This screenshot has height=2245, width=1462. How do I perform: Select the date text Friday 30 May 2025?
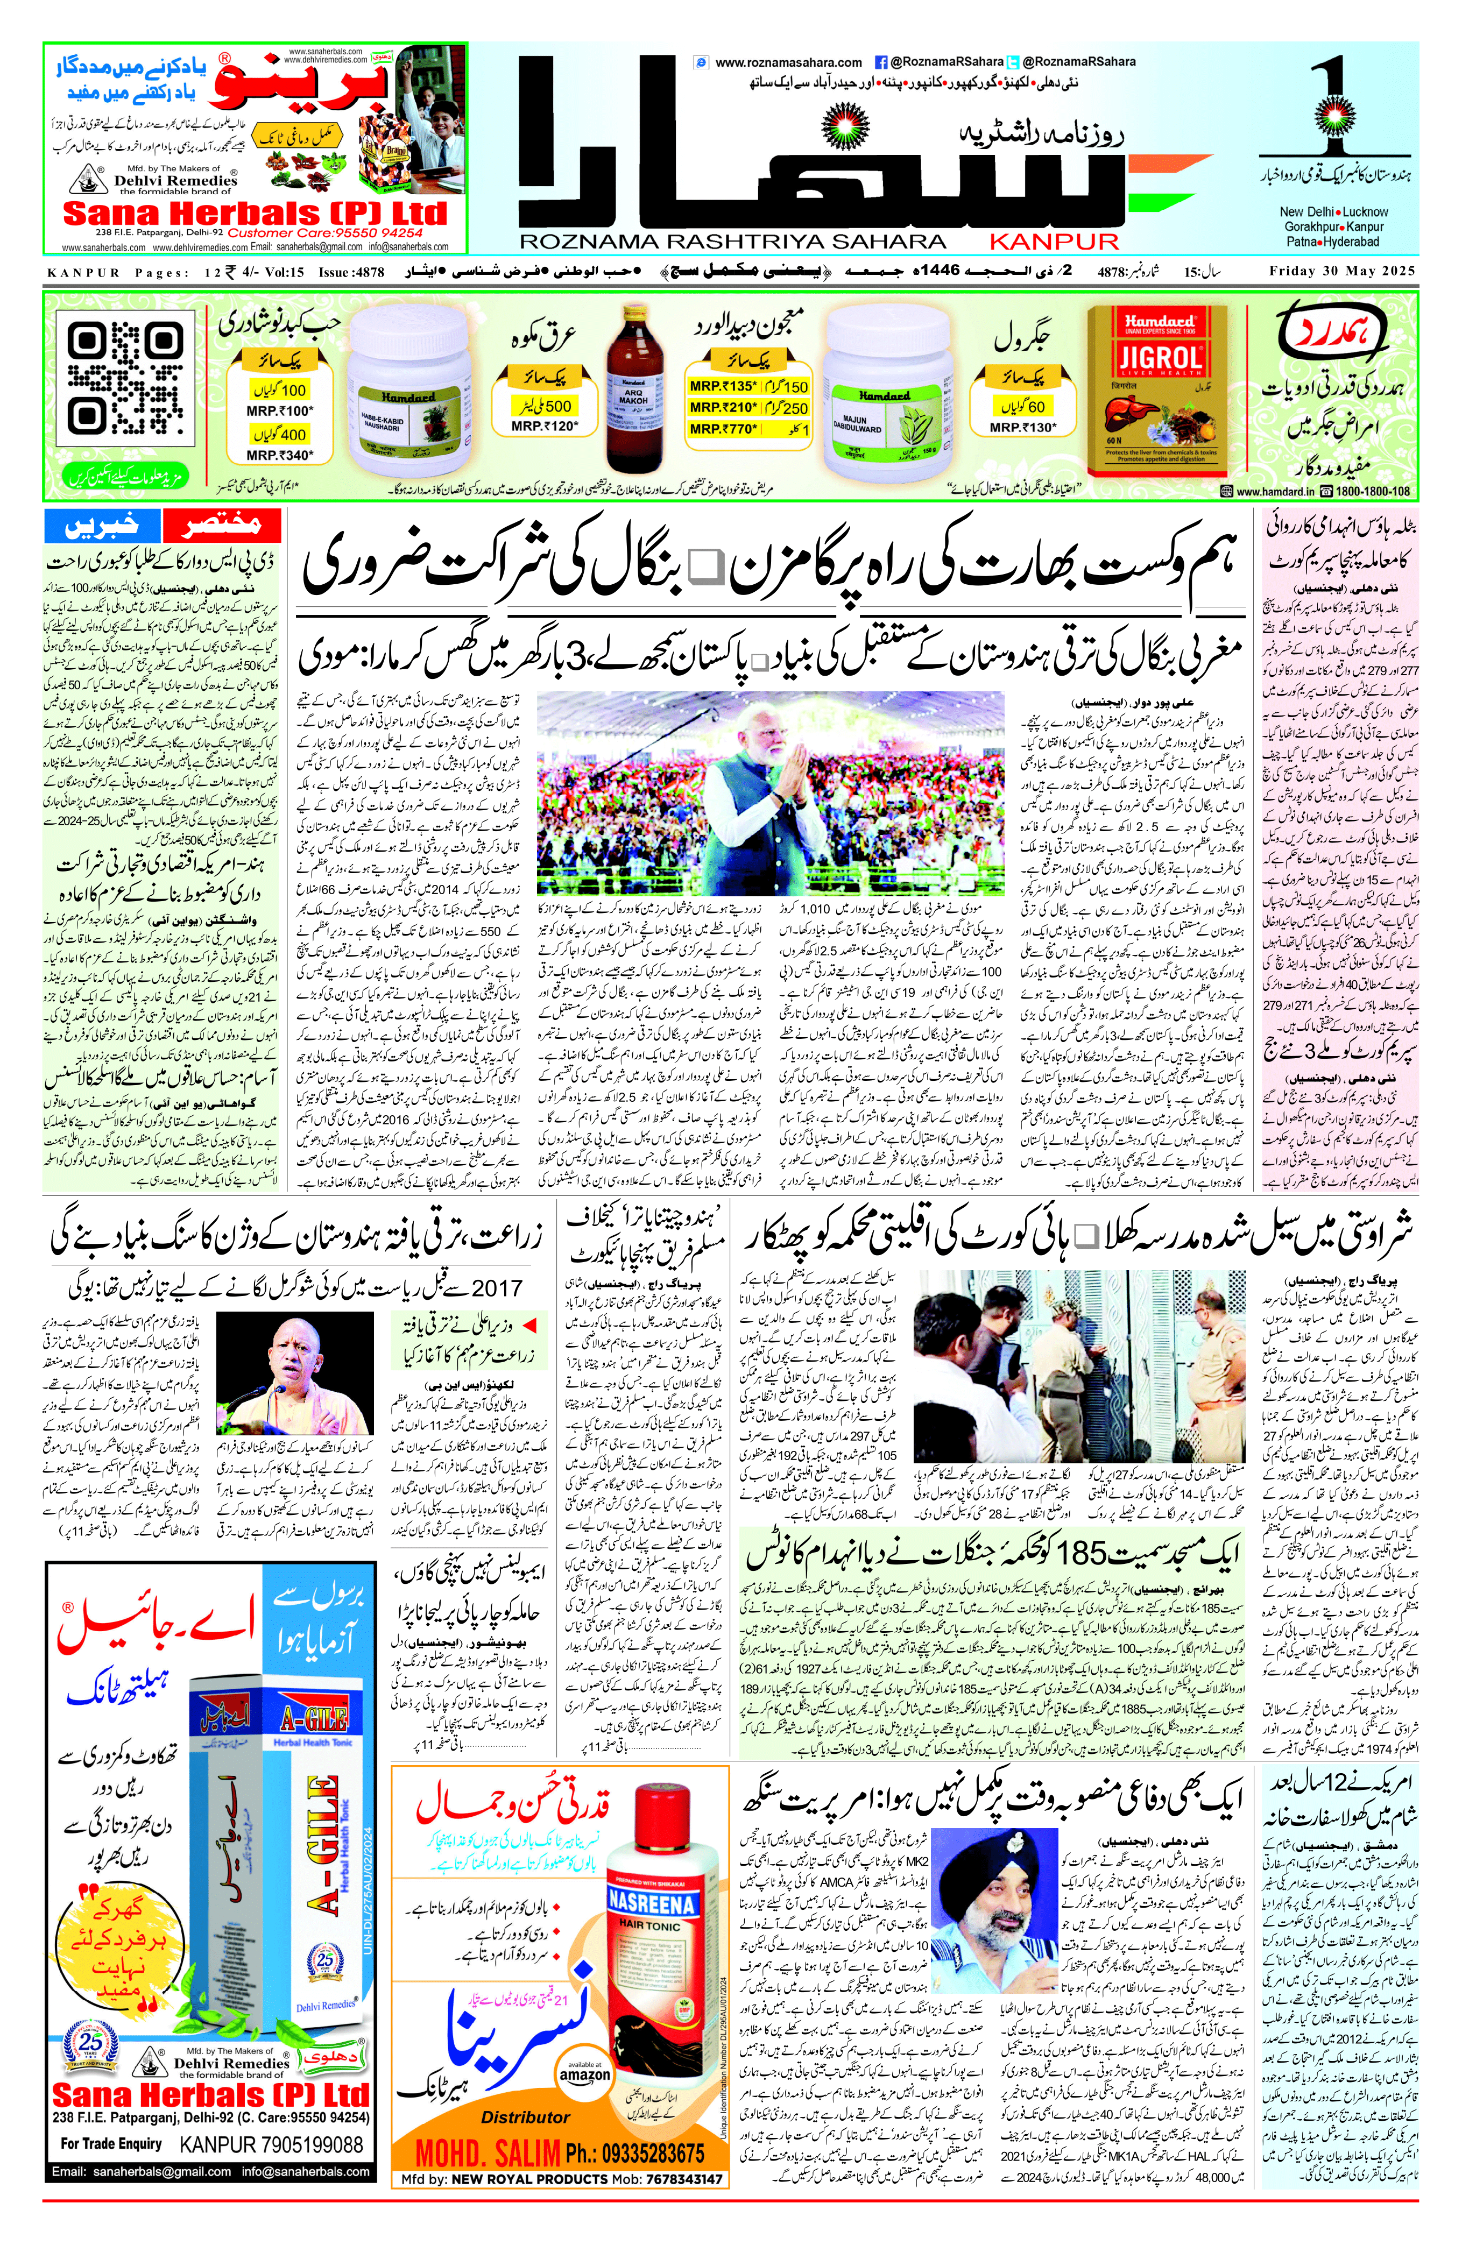point(1342,272)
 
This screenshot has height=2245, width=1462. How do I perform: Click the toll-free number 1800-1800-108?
point(1372,492)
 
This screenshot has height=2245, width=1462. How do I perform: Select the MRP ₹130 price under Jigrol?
point(1023,427)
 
